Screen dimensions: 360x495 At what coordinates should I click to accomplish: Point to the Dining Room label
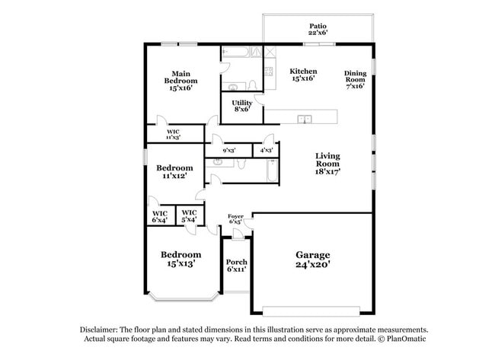355,78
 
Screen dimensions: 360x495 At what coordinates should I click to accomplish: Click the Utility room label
242,106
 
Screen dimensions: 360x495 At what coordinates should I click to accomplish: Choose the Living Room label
328,164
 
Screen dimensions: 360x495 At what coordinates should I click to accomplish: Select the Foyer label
235,218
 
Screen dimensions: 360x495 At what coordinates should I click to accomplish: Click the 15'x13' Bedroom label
181,259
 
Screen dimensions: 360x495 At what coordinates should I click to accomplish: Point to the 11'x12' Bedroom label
174,171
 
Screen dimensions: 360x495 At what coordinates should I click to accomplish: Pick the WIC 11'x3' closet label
174,135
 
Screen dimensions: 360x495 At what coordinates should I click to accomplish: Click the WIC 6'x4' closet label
161,216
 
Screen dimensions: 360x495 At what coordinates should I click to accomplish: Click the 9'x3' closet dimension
229,151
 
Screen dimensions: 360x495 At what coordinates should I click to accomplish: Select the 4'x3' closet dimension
267,151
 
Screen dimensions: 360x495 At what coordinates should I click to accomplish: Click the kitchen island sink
305,119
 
